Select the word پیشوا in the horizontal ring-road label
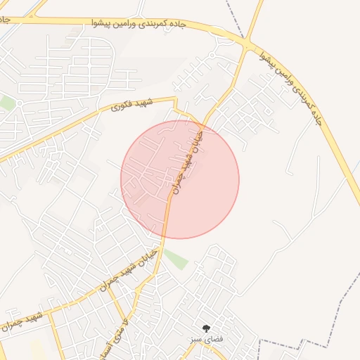click(x=103, y=24)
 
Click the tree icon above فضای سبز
click(x=206, y=328)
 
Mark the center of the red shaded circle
click(x=180, y=179)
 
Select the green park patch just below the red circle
click(x=176, y=259)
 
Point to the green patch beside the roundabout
click(x=7, y=103)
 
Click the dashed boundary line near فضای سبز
click(x=295, y=342)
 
